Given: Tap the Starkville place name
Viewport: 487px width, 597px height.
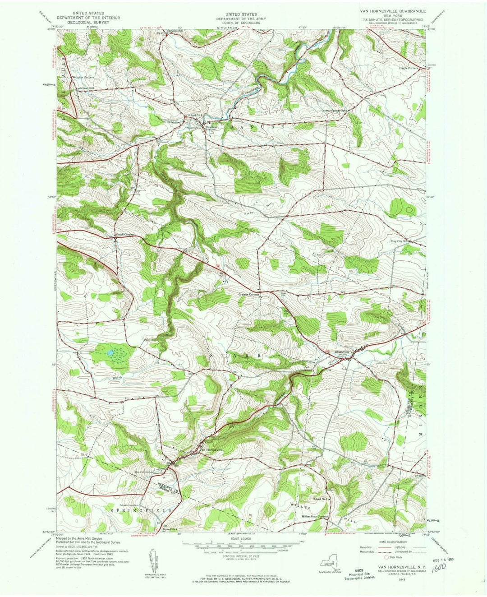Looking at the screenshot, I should click(342, 352).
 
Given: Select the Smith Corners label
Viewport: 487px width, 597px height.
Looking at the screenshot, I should click(125, 235).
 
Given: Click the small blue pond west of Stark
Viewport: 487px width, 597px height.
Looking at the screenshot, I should click(109, 352).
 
